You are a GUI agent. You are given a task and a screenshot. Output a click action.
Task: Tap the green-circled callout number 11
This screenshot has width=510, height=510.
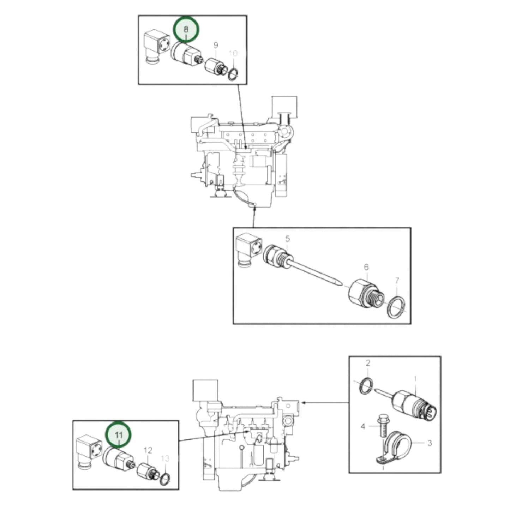119,434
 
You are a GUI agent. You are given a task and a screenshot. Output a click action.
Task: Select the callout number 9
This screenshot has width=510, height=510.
216,45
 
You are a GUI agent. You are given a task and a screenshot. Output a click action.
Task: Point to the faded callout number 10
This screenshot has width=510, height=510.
233,54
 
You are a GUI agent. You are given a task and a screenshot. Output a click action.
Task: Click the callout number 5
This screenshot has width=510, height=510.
287,239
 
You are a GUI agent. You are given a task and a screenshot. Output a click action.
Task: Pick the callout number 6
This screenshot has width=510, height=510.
366,267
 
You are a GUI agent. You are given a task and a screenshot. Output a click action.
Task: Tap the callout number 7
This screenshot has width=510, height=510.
397,281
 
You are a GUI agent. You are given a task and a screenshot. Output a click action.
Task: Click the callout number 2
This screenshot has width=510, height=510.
368,363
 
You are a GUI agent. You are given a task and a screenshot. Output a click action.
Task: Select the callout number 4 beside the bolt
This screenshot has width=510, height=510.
363,427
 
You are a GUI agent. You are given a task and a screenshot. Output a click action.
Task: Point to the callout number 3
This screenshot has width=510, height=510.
430,443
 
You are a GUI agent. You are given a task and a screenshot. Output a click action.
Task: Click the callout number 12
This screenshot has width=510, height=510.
148,451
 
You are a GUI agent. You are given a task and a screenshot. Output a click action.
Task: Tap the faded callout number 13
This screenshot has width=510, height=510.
165,458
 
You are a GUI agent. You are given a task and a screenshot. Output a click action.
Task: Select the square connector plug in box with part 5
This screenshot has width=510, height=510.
249,248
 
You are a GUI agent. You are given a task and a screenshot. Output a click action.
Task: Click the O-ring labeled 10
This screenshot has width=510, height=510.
233,74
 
